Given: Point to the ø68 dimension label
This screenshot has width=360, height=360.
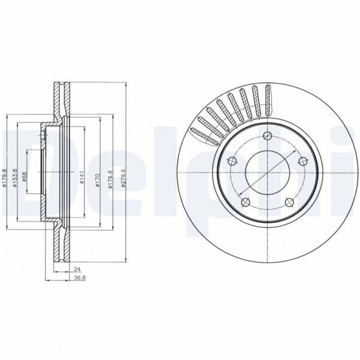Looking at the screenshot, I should tap(25, 178).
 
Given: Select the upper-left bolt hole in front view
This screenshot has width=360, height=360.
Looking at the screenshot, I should tap(231, 160).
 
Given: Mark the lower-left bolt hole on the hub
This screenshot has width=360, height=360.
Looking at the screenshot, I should tap(244, 202).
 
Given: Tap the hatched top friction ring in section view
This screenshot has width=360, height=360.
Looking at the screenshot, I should tap(59, 96).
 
